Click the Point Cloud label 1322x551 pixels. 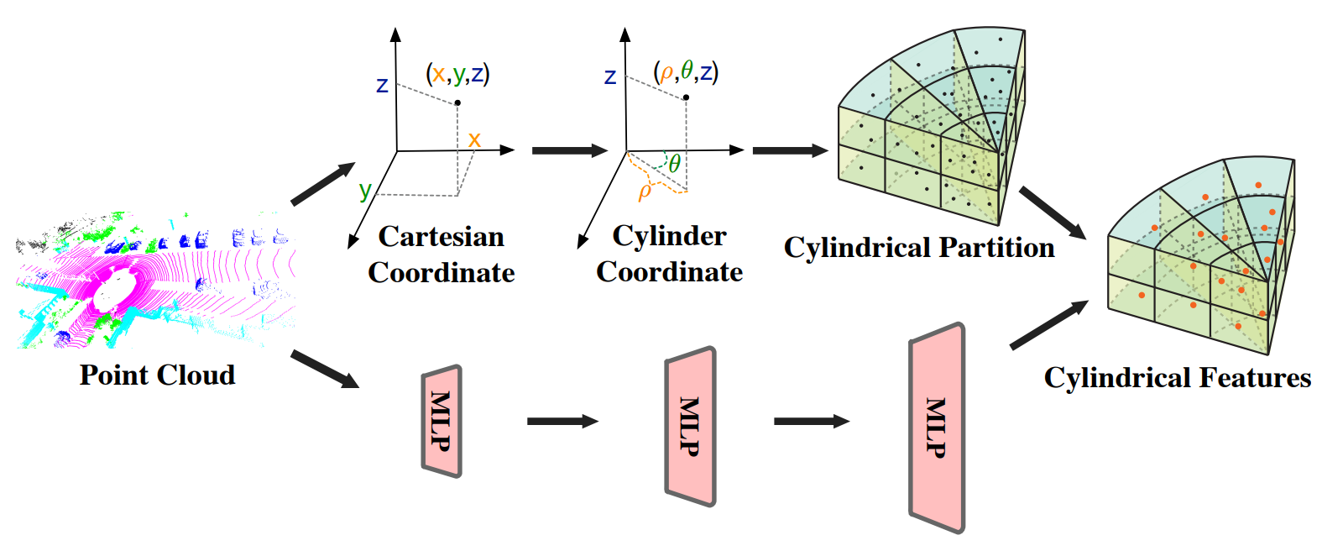tap(157, 375)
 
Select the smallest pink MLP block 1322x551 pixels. tap(442, 421)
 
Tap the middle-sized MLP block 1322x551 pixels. tap(690, 426)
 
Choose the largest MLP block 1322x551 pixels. tap(937, 428)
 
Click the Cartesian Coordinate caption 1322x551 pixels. tap(441, 255)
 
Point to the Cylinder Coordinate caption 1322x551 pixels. tap(669, 254)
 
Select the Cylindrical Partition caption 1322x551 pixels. tap(919, 248)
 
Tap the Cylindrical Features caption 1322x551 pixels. tap(1177, 378)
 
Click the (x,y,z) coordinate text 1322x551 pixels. tap(457, 74)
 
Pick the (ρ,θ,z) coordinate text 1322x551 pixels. tap(686, 72)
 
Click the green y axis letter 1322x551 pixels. tap(364, 190)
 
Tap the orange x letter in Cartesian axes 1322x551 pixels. tap(474, 139)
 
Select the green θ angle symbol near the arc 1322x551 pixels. tap(674, 163)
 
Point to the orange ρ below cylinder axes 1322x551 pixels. tap(645, 192)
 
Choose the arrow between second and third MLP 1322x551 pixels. tap(811, 421)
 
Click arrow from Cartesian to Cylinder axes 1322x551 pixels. tap(569, 150)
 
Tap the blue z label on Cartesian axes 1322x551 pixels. tap(382, 85)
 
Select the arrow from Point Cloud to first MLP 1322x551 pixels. tap(325, 370)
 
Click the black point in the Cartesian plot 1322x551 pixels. tap(457, 103)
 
